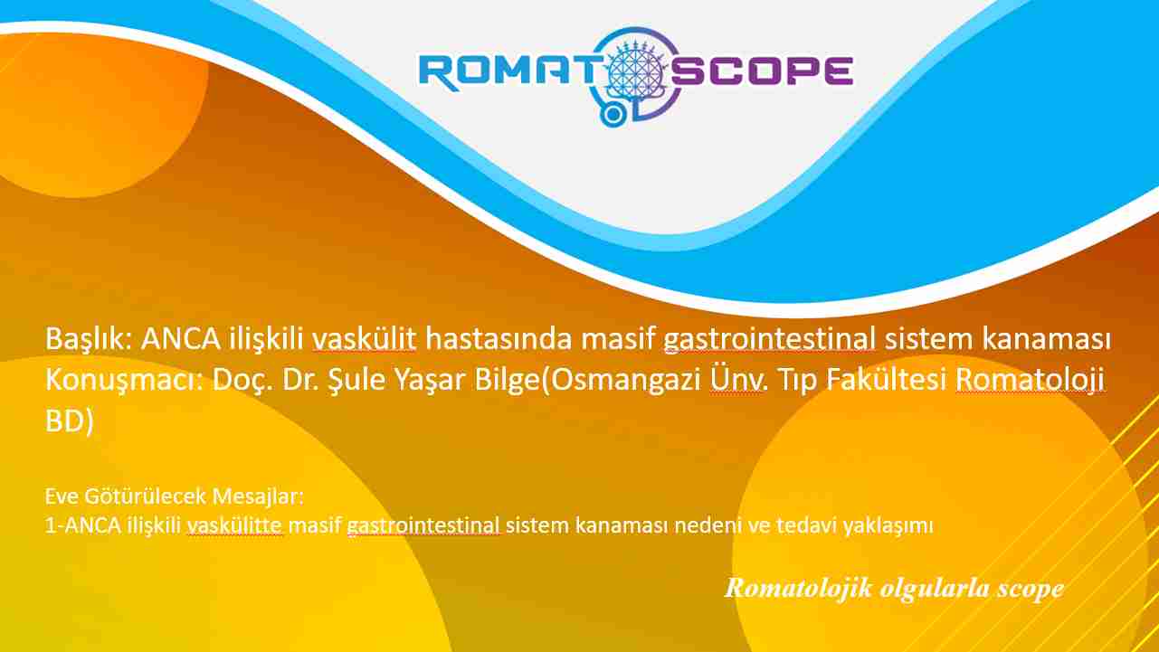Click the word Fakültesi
coord(887,380)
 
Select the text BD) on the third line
coord(70,421)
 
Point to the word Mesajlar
coord(258,496)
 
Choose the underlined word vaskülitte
coord(235,525)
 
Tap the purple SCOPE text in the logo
coord(762,71)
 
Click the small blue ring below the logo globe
coord(613,115)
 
